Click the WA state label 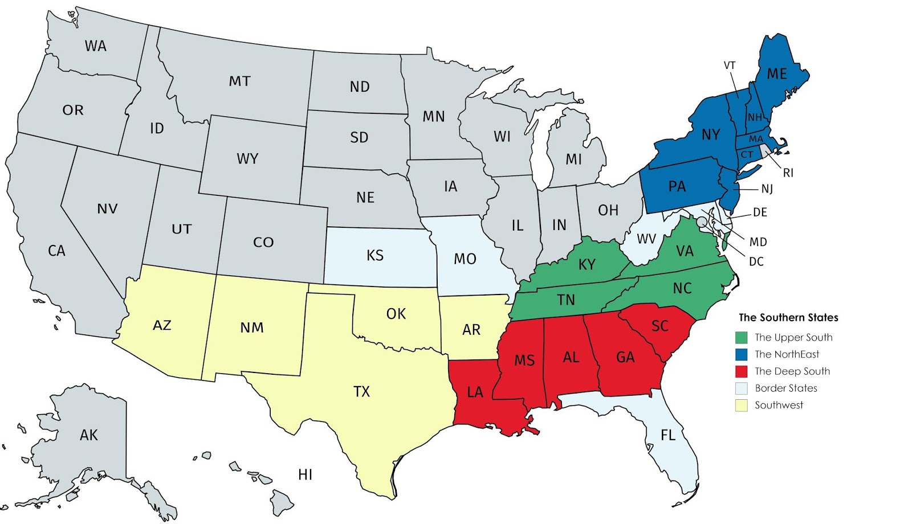click(x=96, y=46)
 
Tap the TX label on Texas click(x=361, y=391)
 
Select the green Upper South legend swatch click(x=741, y=338)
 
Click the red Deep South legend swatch click(x=741, y=371)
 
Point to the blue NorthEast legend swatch click(x=741, y=354)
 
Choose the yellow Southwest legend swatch click(x=741, y=406)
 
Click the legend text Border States click(x=786, y=388)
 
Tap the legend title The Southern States click(x=788, y=318)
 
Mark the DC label click(x=756, y=262)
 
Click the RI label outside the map click(x=788, y=173)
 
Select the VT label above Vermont click(x=730, y=65)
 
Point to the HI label click(x=305, y=474)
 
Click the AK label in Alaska click(x=89, y=435)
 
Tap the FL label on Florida click(x=667, y=436)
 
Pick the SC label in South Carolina click(x=659, y=326)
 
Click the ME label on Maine click(x=776, y=74)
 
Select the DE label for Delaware click(x=760, y=212)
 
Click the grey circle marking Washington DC click(x=702, y=222)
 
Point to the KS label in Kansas click(x=374, y=255)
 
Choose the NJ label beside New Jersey click(x=767, y=189)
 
